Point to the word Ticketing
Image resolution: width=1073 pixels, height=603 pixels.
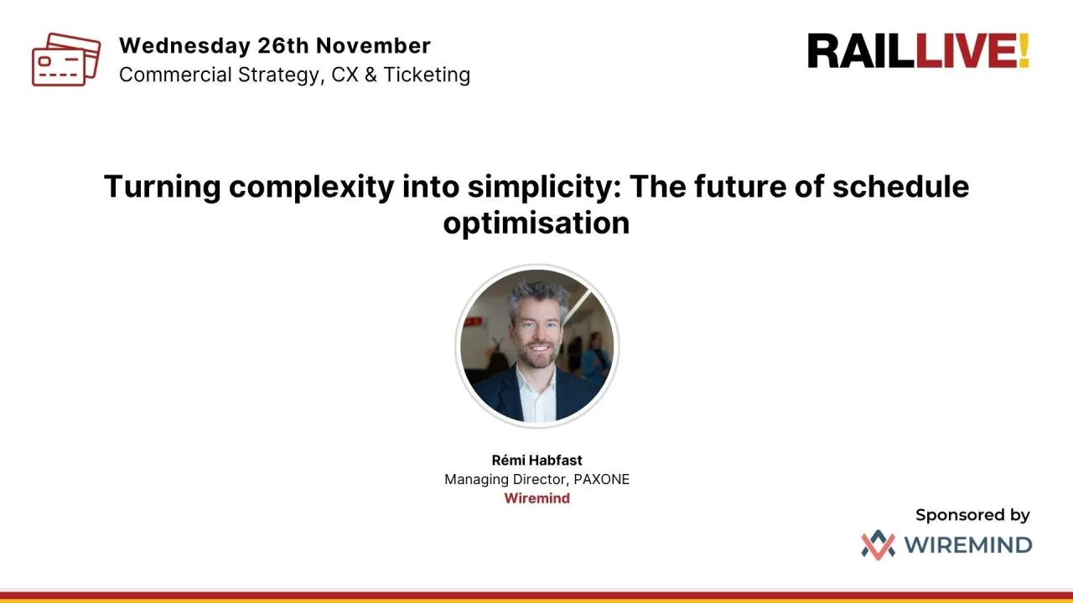point(427,75)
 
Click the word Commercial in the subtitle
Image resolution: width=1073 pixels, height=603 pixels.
point(172,75)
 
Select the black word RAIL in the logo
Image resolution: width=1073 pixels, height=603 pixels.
point(860,51)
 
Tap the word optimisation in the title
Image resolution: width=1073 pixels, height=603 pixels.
point(536,223)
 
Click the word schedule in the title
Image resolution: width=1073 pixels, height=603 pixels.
point(900,186)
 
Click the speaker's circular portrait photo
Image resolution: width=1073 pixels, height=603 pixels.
point(536,346)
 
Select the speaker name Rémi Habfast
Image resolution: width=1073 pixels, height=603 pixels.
point(536,461)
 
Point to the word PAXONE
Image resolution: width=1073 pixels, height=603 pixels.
point(601,480)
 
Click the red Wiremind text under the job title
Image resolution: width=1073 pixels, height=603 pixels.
point(536,498)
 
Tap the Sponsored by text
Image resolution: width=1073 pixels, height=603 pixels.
point(972,515)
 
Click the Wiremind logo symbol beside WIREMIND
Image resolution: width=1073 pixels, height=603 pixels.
point(878,545)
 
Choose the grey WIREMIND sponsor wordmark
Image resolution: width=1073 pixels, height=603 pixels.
point(967,545)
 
